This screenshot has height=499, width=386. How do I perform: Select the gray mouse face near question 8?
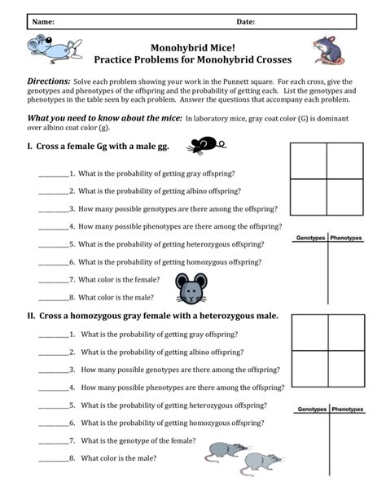tap(191, 288)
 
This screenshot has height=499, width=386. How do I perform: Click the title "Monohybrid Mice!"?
tap(191, 48)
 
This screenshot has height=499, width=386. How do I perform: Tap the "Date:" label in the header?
tap(246, 21)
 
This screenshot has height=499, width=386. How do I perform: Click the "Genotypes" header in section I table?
tap(311, 238)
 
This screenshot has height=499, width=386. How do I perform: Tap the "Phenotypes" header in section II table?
tap(346, 409)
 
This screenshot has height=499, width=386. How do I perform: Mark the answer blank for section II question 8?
tap(54, 458)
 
